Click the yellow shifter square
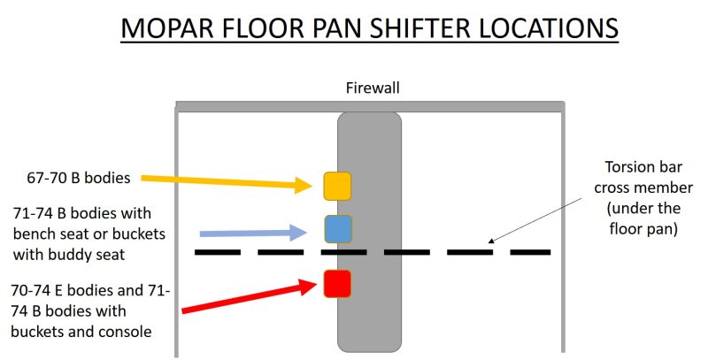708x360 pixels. [x=337, y=186]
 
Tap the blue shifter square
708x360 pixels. [x=338, y=229]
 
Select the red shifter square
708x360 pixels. [x=337, y=283]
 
